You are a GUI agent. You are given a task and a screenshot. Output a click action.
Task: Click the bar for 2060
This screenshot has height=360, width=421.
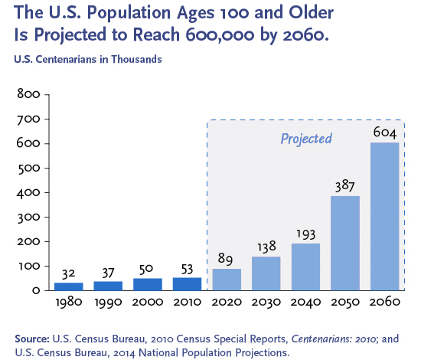(384, 216)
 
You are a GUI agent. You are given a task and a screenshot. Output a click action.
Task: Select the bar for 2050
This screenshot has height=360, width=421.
(345, 243)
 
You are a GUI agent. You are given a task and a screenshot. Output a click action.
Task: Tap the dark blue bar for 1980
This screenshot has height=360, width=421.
(69, 286)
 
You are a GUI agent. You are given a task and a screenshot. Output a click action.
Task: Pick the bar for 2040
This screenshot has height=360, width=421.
(305, 267)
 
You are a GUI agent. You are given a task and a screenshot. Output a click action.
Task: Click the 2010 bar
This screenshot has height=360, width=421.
(187, 284)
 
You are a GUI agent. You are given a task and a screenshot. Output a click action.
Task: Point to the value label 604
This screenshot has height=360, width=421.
(385, 133)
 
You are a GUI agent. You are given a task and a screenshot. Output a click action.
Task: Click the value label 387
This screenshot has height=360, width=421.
(345, 185)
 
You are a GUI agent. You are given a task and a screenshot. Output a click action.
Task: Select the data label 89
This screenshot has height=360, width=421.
(225, 259)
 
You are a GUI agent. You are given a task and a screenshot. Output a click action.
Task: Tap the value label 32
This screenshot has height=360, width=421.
(68, 274)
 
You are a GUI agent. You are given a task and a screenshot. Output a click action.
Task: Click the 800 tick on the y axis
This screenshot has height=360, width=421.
(28, 94)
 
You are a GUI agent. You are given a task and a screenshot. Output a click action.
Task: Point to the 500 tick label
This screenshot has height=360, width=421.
(28, 169)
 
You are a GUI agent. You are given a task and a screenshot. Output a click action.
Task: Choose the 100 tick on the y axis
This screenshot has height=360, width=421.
(29, 267)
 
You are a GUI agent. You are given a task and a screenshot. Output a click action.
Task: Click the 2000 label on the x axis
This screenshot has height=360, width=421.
(148, 302)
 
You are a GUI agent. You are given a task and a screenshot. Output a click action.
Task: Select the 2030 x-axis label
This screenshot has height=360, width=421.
(266, 303)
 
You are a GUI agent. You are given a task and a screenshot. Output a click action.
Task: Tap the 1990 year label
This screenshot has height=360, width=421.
(108, 303)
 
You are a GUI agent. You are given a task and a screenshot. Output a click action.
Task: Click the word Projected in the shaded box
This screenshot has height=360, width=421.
(306, 139)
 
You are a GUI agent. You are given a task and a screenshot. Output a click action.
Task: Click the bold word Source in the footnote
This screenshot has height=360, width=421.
(32, 339)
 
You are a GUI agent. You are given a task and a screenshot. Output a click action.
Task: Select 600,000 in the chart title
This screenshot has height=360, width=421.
(220, 34)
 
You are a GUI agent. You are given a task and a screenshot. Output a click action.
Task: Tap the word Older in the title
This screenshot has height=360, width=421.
(311, 12)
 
